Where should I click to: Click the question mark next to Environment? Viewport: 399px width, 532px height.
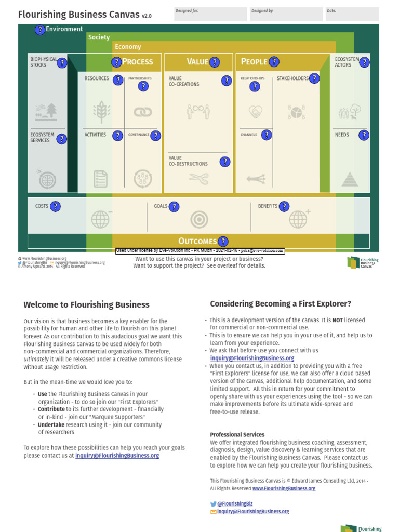click(40, 30)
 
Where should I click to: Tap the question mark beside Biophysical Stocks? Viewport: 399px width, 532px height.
click(62, 63)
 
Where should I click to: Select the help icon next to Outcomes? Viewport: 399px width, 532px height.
click(223, 242)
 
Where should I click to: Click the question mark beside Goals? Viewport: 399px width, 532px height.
click(174, 207)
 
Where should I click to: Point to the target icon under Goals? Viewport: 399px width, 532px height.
click(199, 220)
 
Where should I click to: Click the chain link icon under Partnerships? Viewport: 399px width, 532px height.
click(142, 112)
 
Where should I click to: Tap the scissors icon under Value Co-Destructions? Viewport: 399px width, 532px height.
click(197, 179)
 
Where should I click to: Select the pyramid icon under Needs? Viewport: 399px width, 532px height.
click(350, 179)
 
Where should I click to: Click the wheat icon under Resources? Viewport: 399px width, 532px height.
click(101, 111)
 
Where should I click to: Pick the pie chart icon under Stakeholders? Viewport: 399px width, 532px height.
click(296, 112)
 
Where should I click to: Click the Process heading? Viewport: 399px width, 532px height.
click(137, 62)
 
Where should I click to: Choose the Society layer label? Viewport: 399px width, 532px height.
click(99, 37)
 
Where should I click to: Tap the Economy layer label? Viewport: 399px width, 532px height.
click(128, 47)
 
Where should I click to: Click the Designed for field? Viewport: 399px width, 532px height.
click(210, 14)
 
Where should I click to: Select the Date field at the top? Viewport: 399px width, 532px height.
click(352, 14)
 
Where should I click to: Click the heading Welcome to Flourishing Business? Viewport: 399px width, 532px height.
click(86, 305)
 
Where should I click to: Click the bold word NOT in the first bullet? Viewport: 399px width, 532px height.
click(338, 320)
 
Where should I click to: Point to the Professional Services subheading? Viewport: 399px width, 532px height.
click(237, 434)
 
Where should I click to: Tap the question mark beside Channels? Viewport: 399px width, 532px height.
click(266, 135)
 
